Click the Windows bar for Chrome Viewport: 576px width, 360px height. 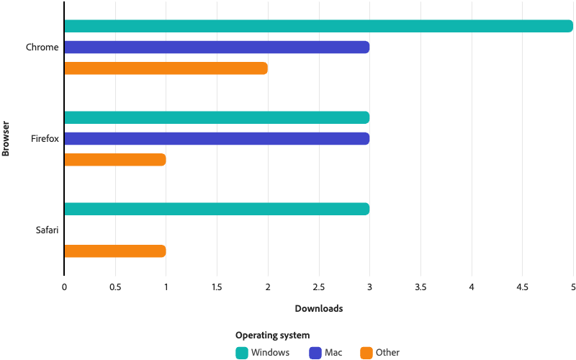(318, 27)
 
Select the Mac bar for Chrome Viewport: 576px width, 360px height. (217, 48)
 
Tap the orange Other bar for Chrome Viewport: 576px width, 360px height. (166, 68)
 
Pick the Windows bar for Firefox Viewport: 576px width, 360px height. (217, 117)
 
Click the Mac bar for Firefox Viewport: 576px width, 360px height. (217, 138)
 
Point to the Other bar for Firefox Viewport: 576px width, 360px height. (115, 160)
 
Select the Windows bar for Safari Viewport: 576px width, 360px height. (217, 209)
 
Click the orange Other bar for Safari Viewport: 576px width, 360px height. (115, 251)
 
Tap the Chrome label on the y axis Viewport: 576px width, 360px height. (42, 48)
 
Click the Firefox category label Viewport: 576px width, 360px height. (45, 138)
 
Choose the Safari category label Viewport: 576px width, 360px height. (47, 230)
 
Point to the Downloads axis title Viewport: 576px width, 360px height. (318, 309)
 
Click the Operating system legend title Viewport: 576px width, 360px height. (272, 335)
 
